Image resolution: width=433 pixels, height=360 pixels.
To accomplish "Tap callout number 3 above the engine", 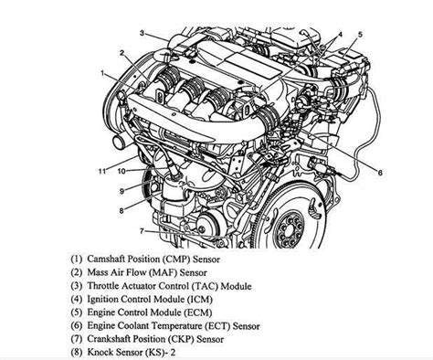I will [x=142, y=33].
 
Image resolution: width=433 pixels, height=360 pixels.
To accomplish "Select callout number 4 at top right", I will [x=340, y=35].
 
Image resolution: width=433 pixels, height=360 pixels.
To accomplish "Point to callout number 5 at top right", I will [x=359, y=35].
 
